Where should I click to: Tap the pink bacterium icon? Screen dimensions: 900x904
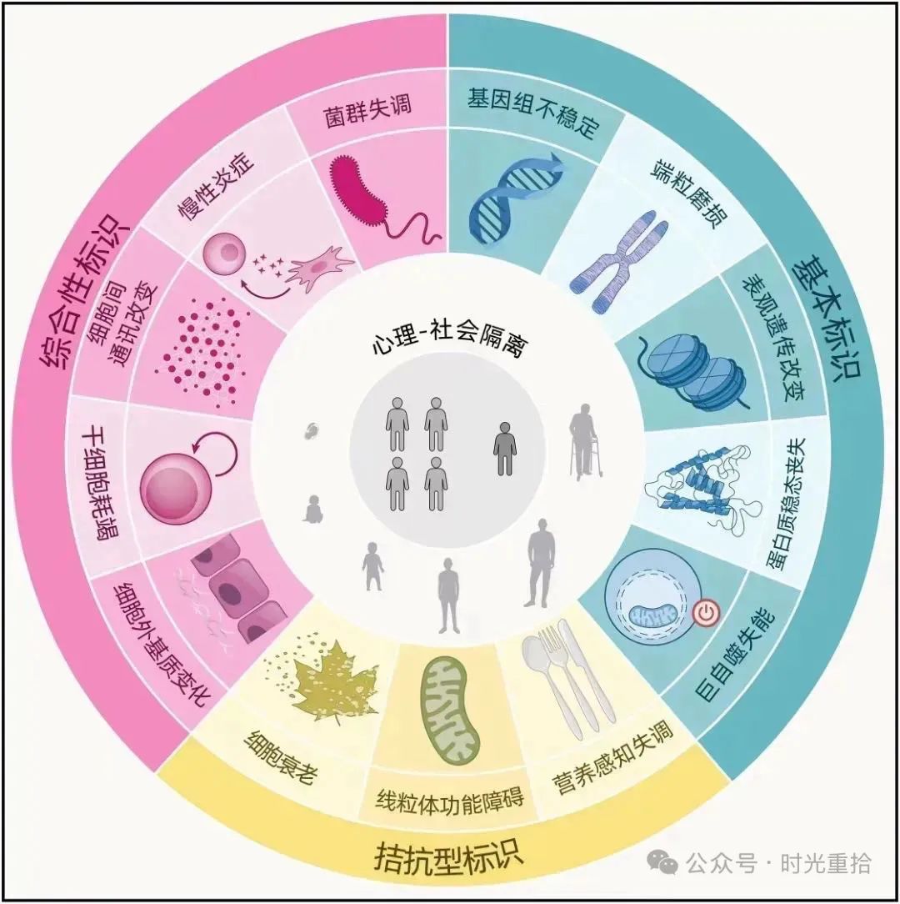(x=380, y=199)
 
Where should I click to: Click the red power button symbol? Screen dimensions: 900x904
(x=705, y=613)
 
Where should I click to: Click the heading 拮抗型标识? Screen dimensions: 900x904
(x=449, y=856)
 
